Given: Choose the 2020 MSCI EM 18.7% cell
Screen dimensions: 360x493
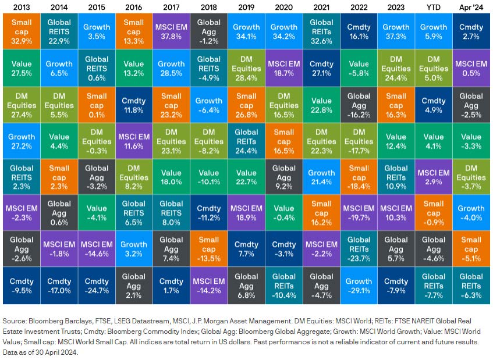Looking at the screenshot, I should [284, 69].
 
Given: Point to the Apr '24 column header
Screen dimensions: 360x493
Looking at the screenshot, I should [471, 8].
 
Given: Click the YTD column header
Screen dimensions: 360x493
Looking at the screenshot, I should [434, 8].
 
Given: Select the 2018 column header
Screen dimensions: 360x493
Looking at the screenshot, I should [209, 8].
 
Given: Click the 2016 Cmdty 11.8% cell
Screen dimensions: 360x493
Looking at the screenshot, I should [134, 105].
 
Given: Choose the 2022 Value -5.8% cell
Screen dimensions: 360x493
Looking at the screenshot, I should [359, 69].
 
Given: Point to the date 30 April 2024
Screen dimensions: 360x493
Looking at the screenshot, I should [52, 352].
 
